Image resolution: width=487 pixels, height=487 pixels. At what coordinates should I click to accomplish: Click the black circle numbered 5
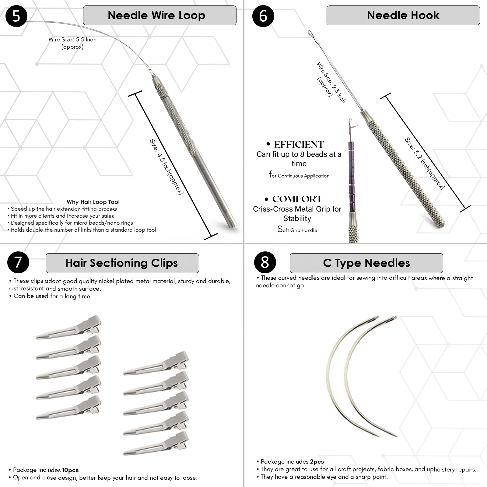(16, 16)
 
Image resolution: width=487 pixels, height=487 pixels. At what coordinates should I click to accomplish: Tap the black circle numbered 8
(265, 262)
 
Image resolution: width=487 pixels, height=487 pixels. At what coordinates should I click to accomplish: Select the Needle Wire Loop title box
(159, 15)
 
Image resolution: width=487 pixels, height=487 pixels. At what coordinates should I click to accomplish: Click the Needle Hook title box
(403, 15)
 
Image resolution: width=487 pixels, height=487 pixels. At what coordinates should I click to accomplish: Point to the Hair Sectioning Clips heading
(122, 263)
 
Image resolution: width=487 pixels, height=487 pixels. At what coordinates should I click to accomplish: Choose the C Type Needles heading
(366, 263)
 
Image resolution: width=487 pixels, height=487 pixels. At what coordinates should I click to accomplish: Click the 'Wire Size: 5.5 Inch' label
(72, 40)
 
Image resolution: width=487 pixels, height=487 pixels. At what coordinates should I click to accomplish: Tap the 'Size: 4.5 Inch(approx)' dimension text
(166, 167)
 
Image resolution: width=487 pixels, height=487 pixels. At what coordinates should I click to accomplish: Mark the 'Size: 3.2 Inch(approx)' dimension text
(424, 164)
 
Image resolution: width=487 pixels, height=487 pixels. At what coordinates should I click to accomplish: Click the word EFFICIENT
(299, 145)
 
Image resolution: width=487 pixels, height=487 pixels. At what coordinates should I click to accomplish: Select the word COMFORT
(297, 199)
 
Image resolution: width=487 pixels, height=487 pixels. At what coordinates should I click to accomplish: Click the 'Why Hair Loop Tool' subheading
(93, 202)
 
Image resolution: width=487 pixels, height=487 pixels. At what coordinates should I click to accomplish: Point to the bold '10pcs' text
(70, 470)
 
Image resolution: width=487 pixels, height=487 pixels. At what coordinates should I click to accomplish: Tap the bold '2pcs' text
(317, 462)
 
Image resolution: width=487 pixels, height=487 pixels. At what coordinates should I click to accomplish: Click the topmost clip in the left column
(69, 327)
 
